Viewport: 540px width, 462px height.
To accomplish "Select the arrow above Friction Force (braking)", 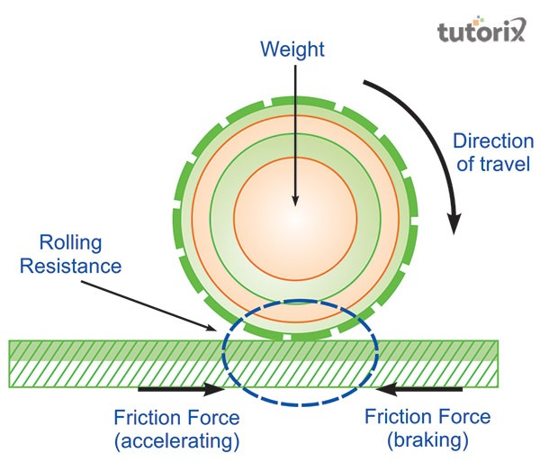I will [419, 389].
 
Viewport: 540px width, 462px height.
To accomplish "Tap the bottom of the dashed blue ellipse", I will [299, 403].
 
